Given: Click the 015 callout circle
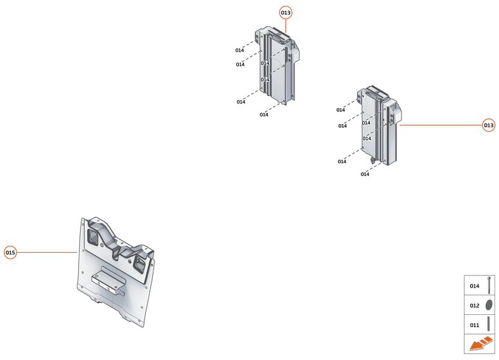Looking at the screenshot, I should pos(10,252).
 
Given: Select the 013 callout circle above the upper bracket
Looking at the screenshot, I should pos(285,12).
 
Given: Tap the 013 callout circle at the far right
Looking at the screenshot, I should pos(489,125).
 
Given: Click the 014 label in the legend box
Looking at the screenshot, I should pos(474,286).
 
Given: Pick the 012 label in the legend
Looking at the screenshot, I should pos(474,305).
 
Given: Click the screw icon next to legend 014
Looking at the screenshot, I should pos(489,285).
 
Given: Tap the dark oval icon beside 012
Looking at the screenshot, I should pos(489,305).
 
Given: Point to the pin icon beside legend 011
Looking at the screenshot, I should pos(489,323).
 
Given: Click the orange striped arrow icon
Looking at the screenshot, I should pos(480,345).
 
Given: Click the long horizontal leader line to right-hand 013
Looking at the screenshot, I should pos(439,125).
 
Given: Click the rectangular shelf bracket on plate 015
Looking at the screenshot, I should pos(108,281).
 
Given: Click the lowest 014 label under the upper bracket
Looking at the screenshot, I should pos(264,115).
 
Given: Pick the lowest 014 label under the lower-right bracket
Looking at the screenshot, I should pos(365,174).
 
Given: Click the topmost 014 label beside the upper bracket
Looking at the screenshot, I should pos(239,50).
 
